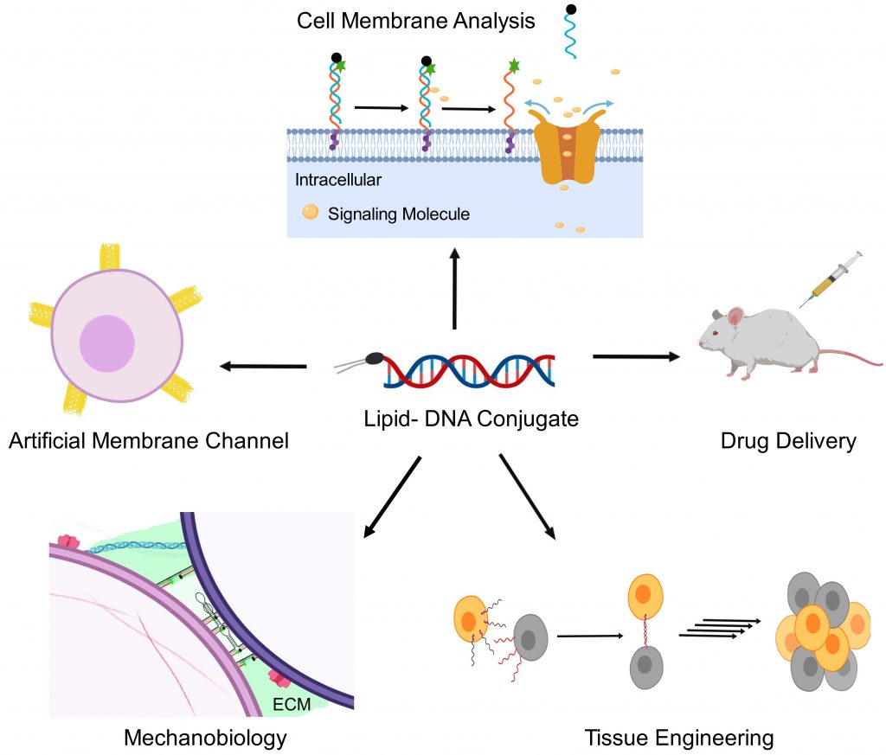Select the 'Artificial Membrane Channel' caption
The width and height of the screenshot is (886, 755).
148,442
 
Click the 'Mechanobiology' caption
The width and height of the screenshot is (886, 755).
205,738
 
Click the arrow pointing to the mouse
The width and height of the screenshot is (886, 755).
636,355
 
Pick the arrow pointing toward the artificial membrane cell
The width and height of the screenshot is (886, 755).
263,367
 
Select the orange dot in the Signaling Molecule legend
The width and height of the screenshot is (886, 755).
308,211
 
